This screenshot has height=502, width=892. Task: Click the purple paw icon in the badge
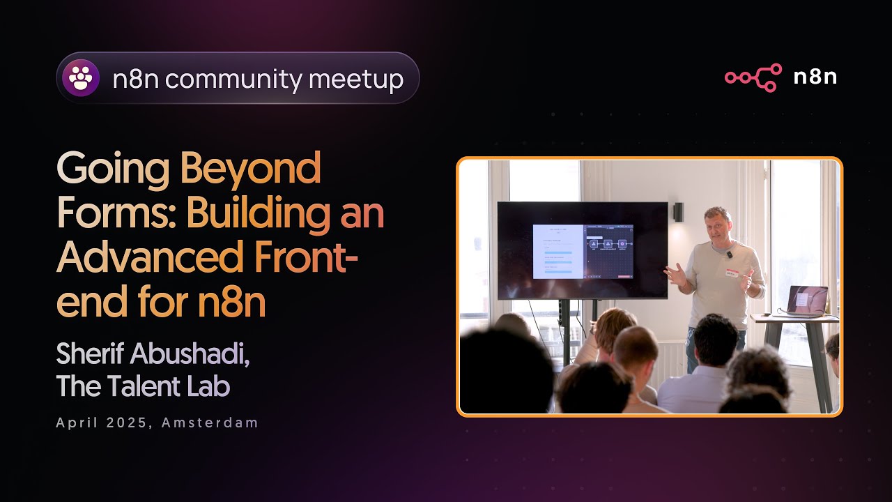coord(81,78)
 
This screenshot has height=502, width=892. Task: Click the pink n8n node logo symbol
coord(753,77)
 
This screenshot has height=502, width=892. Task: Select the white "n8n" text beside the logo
coord(815,77)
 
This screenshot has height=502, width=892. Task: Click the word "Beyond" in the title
coord(251,169)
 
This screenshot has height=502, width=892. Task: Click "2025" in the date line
coord(129,423)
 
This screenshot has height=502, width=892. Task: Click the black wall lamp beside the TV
coord(678,212)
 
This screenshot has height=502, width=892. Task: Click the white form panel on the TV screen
coord(557,251)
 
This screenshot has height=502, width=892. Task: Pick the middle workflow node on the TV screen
coord(607,244)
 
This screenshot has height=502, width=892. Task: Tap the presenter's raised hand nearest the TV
coord(673,274)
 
